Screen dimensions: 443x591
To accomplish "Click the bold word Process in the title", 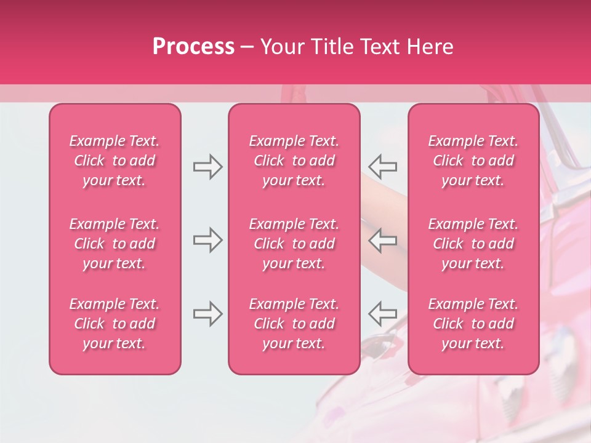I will [x=193, y=47].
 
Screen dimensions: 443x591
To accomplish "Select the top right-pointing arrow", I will [x=207, y=167].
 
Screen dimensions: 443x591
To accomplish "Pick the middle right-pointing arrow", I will [x=207, y=240].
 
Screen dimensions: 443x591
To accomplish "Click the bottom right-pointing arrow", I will [x=207, y=314].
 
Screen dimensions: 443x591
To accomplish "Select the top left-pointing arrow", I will [x=383, y=167].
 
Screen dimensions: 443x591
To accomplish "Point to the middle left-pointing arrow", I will [x=383, y=240].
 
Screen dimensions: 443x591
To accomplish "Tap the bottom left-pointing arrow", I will [x=383, y=314].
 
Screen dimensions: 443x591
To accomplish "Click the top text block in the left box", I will [x=115, y=161].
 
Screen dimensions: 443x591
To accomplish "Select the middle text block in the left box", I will [x=115, y=244].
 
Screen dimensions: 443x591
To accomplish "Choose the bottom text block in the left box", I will [x=115, y=324].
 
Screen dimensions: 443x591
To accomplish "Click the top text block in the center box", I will [x=294, y=161].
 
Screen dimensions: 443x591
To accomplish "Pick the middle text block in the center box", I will [x=294, y=244].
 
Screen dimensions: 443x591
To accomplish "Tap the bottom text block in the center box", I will [x=294, y=324].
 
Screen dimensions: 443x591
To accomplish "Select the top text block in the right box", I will [x=473, y=161].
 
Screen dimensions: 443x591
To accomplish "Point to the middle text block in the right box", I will [x=473, y=244].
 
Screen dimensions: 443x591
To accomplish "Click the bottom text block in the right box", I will [x=473, y=324].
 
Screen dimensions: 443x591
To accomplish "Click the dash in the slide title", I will [x=247, y=47].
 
